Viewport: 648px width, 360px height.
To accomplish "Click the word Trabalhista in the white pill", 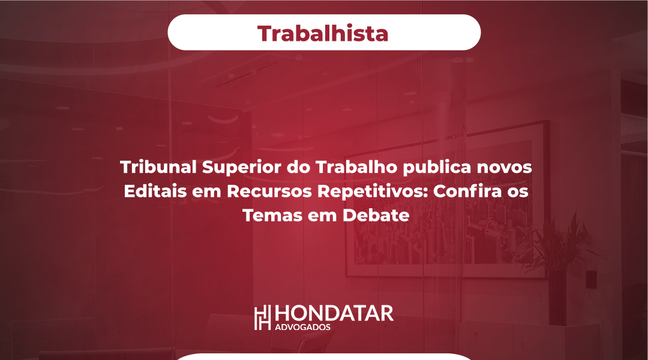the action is (x=323, y=34).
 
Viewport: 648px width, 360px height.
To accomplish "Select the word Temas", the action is (x=272, y=215).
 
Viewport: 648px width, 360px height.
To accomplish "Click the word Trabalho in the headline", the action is (x=356, y=167).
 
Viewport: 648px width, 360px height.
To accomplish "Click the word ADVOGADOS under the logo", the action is (x=302, y=328).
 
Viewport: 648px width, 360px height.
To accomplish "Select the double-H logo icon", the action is (x=262, y=317).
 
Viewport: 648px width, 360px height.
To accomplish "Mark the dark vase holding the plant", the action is (x=557, y=298).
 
